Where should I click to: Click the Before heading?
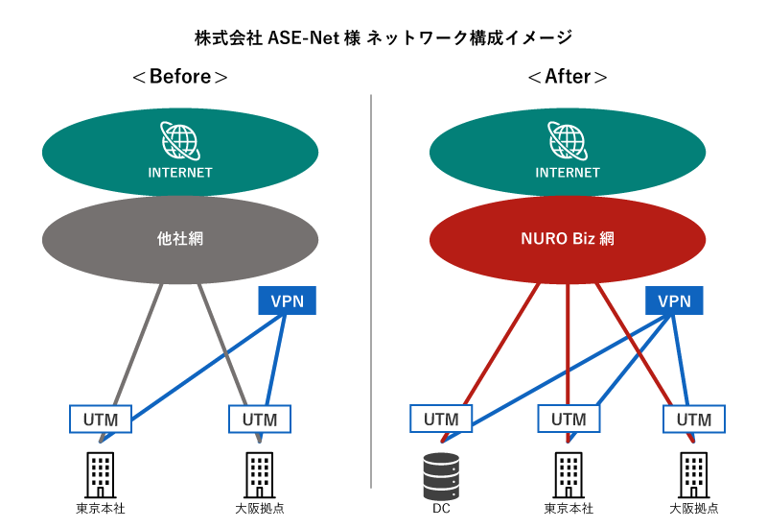(x=179, y=77)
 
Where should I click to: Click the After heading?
(x=568, y=77)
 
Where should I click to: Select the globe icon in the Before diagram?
(x=180, y=141)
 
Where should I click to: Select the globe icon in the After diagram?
(x=568, y=141)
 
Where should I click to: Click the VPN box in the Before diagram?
(x=288, y=301)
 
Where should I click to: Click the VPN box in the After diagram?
(x=673, y=301)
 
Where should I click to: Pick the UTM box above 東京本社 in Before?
(x=100, y=420)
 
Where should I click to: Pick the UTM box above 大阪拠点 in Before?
(x=260, y=420)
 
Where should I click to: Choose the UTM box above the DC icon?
(x=441, y=420)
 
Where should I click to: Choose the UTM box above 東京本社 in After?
(x=569, y=420)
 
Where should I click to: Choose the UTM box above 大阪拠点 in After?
(x=694, y=420)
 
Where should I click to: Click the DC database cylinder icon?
(x=442, y=473)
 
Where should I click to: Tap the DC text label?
(x=442, y=509)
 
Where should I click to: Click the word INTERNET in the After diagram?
(x=568, y=174)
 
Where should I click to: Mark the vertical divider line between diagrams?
(x=371, y=288)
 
